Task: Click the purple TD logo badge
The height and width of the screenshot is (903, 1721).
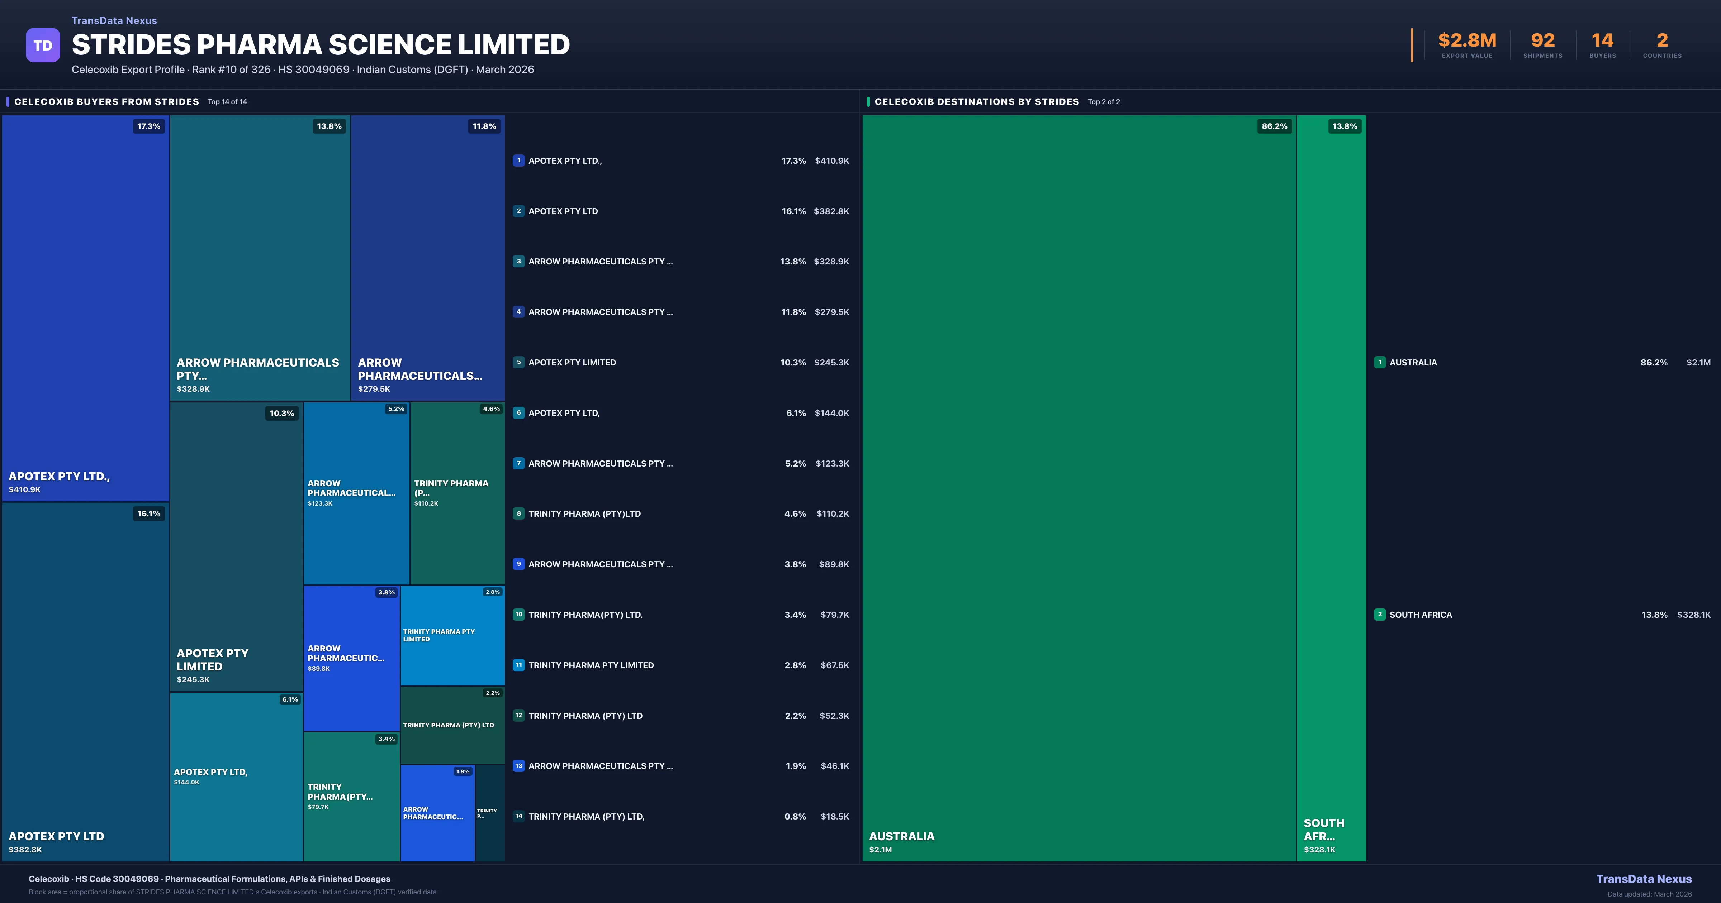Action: point(43,46)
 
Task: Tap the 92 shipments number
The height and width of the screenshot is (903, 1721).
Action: point(1542,41)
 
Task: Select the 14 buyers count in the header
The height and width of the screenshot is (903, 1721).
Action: point(1602,41)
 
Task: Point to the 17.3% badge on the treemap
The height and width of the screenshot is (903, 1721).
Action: point(148,126)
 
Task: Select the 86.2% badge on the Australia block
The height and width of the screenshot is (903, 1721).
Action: point(1274,126)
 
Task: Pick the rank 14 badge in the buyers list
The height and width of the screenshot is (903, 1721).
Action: point(518,816)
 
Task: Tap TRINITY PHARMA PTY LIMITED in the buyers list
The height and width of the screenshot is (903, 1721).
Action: point(591,665)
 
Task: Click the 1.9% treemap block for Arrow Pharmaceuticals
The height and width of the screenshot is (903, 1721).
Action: point(437,813)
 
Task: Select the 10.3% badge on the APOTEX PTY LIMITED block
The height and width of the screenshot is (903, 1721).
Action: point(281,414)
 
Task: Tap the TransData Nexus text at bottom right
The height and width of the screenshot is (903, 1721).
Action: point(1644,879)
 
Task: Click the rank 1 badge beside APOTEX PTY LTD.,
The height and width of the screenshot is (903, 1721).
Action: point(518,160)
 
